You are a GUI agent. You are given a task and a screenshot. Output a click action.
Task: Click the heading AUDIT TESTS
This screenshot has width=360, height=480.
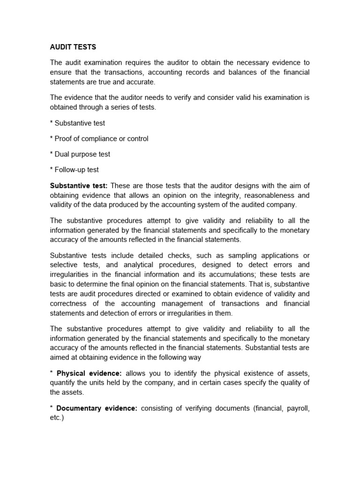(73, 47)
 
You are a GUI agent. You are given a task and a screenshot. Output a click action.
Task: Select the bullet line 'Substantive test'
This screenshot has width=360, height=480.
(80, 123)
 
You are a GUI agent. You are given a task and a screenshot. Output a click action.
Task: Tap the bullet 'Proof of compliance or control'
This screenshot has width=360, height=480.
(101, 139)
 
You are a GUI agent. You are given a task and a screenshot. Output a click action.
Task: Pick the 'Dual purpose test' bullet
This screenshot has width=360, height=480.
(82, 154)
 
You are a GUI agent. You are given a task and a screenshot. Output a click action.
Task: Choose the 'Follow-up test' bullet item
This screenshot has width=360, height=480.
(77, 170)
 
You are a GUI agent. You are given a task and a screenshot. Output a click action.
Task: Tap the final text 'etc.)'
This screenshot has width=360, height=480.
(57, 417)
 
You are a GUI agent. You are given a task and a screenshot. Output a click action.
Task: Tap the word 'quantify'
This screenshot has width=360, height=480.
(64, 382)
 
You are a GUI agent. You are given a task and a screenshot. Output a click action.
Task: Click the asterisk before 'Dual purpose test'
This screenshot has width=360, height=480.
(52, 154)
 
